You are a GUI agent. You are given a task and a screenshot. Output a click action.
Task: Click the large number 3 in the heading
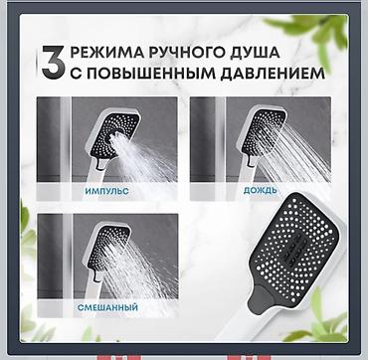tap(53, 63)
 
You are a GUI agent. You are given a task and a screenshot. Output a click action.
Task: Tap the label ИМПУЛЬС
tap(106, 191)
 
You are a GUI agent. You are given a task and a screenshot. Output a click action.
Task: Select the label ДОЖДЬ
tap(260, 191)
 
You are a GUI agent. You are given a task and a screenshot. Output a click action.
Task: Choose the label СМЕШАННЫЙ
tap(107, 307)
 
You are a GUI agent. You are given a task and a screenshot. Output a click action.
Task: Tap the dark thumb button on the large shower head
tap(263, 299)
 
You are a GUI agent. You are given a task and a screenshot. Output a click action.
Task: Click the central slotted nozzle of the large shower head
tap(296, 246)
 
